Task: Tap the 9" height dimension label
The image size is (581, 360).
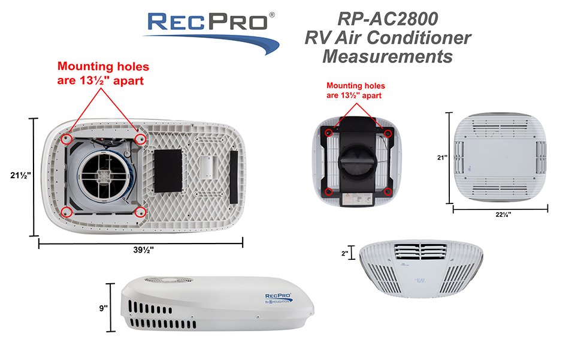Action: coord(104,308)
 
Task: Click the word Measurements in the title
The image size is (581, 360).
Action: coord(387,57)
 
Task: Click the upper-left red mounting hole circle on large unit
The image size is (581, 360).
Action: coord(67,139)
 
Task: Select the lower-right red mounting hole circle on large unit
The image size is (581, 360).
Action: coord(141,212)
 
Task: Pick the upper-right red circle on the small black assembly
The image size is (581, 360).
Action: coord(388,133)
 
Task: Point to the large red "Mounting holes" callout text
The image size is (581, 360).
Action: coord(102,73)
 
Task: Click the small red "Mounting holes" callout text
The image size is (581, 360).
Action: coord(355,91)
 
